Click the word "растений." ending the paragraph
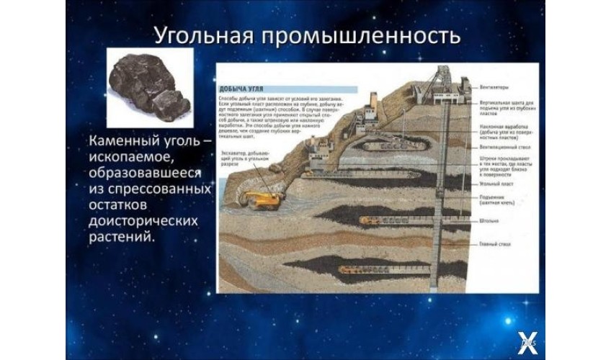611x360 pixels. pyautogui.click(x=122, y=235)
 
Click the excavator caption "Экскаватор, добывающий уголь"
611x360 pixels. pyautogui.click(x=245, y=156)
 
